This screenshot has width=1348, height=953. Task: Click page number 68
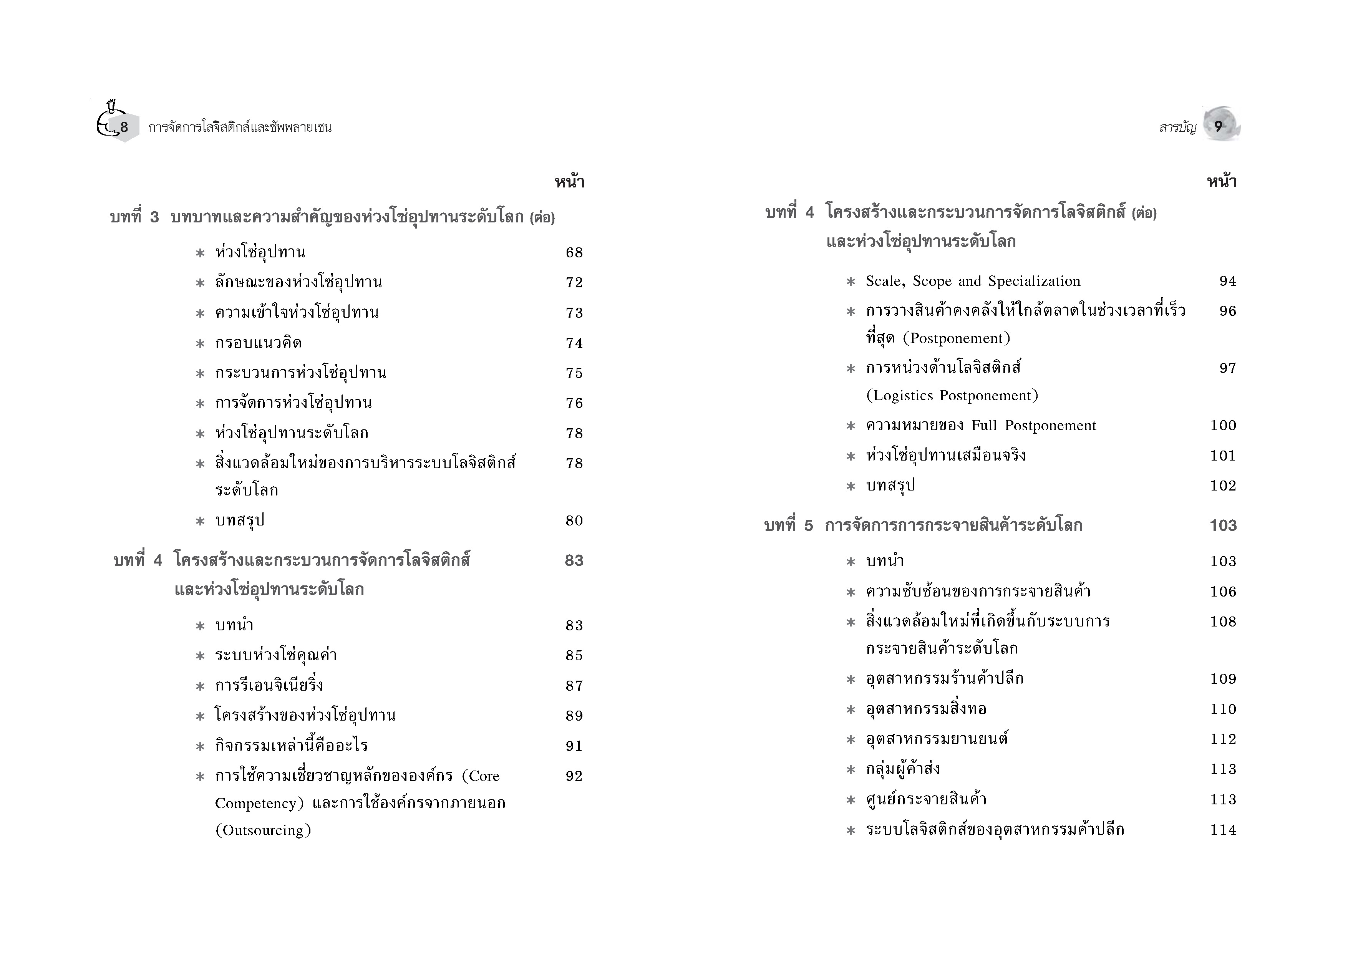(x=574, y=252)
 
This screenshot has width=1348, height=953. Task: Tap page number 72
(x=574, y=282)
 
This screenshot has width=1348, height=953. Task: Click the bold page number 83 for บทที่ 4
(x=574, y=561)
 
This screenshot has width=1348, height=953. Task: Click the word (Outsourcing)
(x=263, y=830)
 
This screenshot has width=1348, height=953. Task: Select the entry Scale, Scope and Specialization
(x=972, y=281)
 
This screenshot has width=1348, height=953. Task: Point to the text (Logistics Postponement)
(x=952, y=396)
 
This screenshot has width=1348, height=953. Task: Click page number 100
(x=1222, y=426)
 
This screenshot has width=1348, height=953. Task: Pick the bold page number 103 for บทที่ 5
(x=1222, y=525)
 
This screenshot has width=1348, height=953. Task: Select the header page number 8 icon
(x=124, y=127)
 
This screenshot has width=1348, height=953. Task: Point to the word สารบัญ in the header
(x=1177, y=128)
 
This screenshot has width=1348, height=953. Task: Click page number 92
(x=574, y=776)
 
